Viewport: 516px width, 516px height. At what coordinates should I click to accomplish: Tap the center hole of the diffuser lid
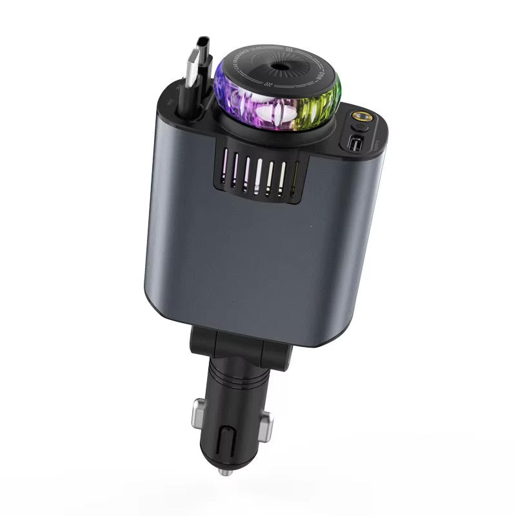281,66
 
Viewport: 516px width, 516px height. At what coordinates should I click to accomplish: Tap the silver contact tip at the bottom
224,472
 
